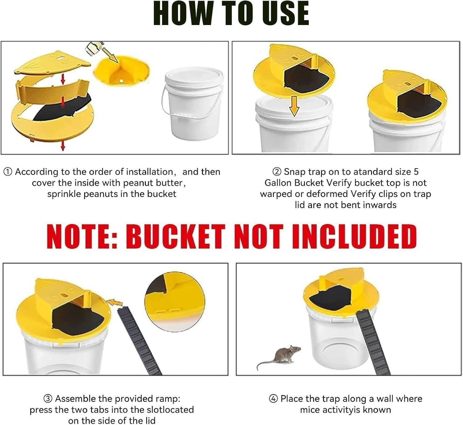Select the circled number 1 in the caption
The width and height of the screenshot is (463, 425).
click(x=8, y=172)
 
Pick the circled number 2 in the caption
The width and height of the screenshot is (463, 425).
click(x=277, y=172)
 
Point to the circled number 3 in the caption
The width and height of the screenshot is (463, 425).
click(x=48, y=399)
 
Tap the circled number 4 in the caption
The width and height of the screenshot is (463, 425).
click(x=273, y=399)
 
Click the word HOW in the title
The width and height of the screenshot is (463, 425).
click(x=183, y=13)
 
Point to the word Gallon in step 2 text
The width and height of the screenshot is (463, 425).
click(x=278, y=183)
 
